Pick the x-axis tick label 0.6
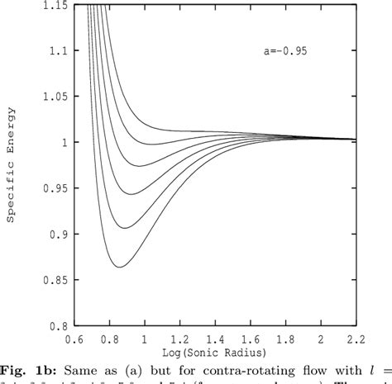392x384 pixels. (75, 339)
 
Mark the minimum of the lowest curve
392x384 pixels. (119, 267)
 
